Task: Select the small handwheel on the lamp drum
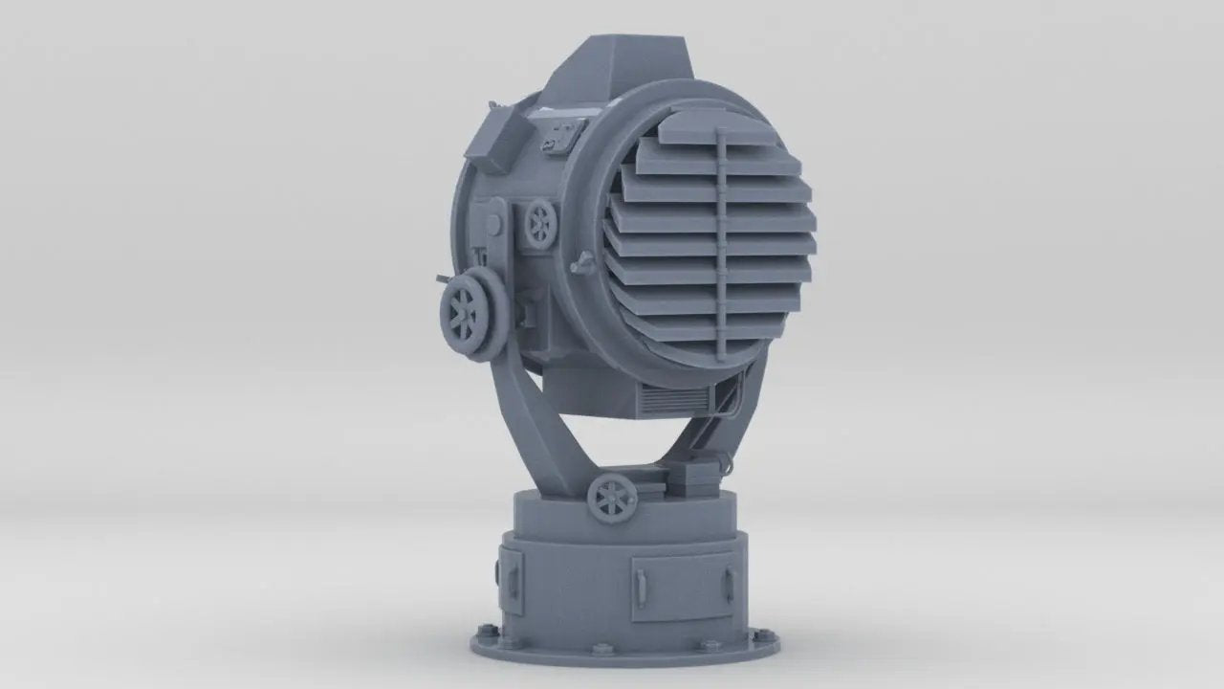click(541, 223)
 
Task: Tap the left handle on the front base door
click(638, 583)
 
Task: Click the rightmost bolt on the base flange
click(762, 634)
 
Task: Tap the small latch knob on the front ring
click(579, 264)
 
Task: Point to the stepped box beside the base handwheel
click(696, 478)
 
